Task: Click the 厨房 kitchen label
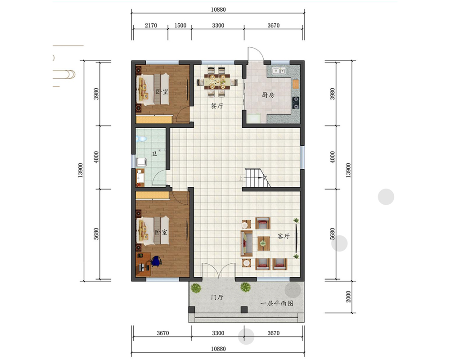pos(268,95)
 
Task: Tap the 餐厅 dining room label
pos(217,106)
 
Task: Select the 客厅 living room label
pos(283,236)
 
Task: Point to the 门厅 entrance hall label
pos(217,297)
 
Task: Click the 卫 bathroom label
pos(154,153)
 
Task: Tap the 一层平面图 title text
pos(277,303)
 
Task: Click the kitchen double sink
pos(279,70)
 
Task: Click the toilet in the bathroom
pos(141,139)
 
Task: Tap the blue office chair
pos(156,261)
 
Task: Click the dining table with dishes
pos(217,82)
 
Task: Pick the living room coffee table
pos(263,243)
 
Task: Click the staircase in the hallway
pos(257,178)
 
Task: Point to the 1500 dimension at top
pos(180,26)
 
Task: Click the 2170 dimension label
pos(151,26)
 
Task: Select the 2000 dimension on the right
pos(348,297)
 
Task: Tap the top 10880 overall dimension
pos(218,9)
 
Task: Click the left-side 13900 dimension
pos(81,170)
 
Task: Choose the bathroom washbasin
pos(140,176)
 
